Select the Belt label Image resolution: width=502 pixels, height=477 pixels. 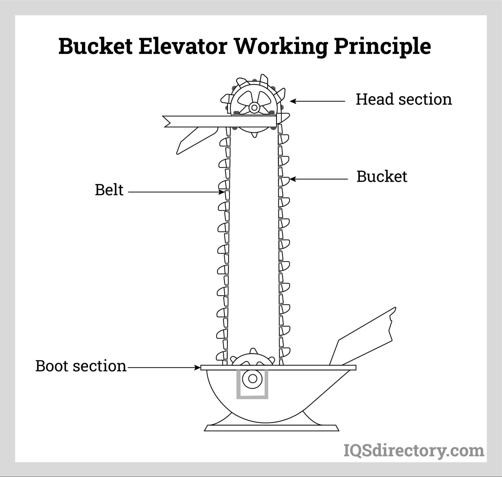[109, 190]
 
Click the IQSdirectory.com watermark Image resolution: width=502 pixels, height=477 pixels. [414, 451]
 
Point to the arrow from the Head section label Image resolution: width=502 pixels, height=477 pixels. [318, 101]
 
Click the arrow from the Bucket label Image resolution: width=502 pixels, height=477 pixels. [319, 179]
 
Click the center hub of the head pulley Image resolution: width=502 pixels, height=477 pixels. [254, 107]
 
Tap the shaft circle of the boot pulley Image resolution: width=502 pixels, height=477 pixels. [252, 379]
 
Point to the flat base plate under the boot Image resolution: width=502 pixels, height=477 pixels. [271, 428]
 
